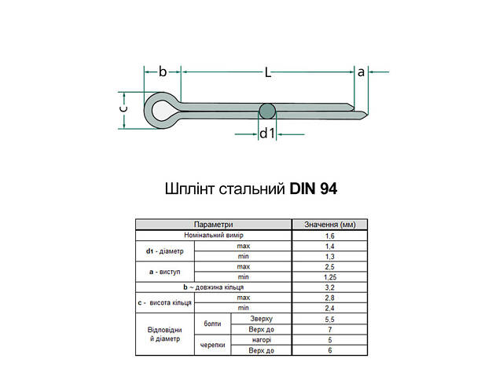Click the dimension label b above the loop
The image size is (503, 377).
pyautogui.click(x=163, y=72)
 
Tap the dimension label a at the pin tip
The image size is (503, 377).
pyautogui.click(x=361, y=72)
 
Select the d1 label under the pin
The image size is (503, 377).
pyautogui.click(x=267, y=134)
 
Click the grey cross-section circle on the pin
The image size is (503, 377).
pyautogui.click(x=267, y=112)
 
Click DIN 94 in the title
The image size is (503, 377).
pyautogui.click(x=314, y=188)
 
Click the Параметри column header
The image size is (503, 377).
pyautogui.click(x=214, y=225)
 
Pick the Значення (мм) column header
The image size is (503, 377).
pyautogui.click(x=330, y=225)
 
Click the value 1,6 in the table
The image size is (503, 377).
pyautogui.click(x=330, y=236)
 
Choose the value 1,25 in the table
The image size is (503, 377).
pyautogui.click(x=330, y=276)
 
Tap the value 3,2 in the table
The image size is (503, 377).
pyautogui.click(x=330, y=287)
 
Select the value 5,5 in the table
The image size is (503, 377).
pyautogui.click(x=330, y=318)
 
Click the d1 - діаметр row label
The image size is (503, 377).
pyautogui.click(x=164, y=251)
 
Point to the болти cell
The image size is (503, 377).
pyautogui.click(x=212, y=324)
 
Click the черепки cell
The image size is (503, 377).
pyautogui.click(x=212, y=344)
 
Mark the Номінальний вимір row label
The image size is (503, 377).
pyautogui.click(x=214, y=236)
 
